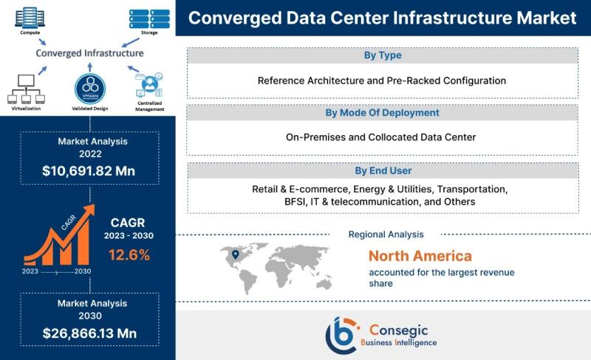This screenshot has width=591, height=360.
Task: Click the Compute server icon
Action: pos(30,18)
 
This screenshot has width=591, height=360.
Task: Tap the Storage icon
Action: pos(149,18)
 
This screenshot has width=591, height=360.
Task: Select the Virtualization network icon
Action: pos(26,89)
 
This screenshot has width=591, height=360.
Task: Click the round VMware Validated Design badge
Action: pos(90,89)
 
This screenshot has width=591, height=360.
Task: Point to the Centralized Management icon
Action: pos(149,86)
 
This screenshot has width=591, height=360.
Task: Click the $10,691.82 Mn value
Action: pos(89,171)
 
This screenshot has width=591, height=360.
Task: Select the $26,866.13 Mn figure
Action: pos(89,333)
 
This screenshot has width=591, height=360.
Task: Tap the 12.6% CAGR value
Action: pos(129,255)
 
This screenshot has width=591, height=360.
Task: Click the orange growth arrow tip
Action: pos(94,206)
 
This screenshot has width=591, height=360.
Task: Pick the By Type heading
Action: pos(383,55)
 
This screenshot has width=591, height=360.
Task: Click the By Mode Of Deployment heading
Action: pos(382,112)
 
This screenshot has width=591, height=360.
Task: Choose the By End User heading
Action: pos(383,171)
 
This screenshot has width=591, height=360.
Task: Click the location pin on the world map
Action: pos(236,255)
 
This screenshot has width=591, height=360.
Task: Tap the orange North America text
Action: pos(420,256)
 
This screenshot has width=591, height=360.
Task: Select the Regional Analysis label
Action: pos(386,234)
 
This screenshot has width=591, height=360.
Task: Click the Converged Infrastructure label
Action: pos(89,53)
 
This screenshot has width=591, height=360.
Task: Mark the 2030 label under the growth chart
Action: pos(83,271)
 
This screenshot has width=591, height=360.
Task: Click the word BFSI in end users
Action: pos(295,202)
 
